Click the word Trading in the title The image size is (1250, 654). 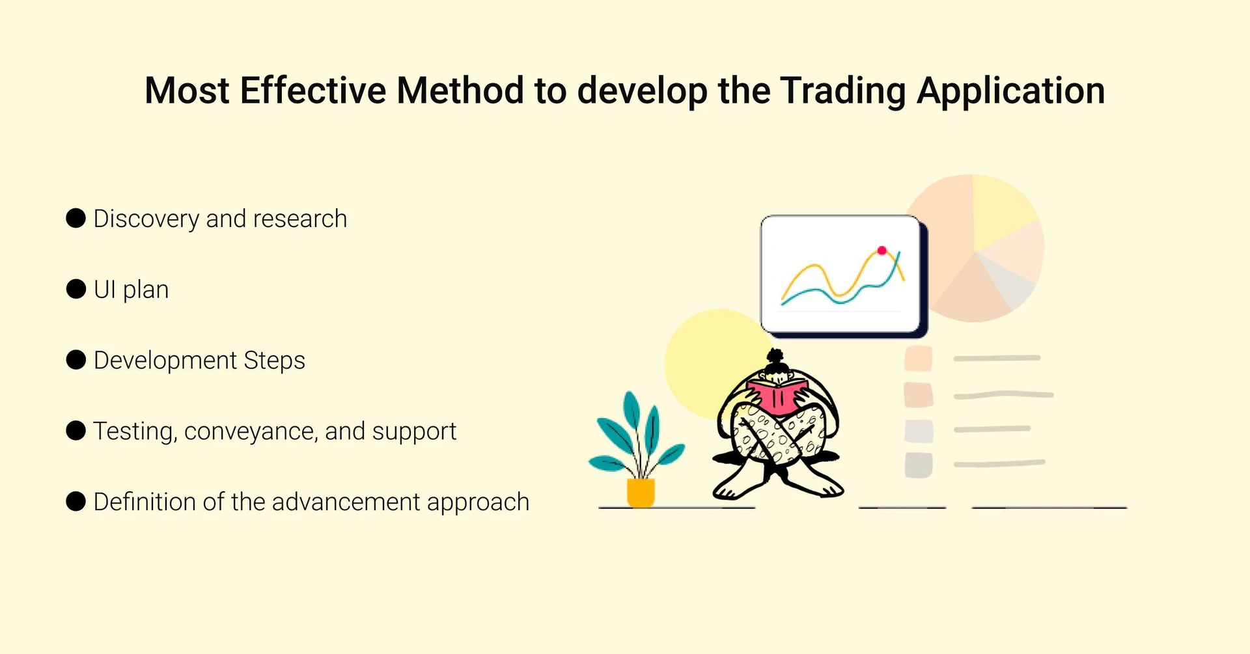842,90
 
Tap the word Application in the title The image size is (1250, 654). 1011,90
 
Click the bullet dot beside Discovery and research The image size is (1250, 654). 76,218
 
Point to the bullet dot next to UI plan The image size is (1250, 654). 76,289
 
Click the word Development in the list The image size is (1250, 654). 165,361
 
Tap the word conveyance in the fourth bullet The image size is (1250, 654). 251,431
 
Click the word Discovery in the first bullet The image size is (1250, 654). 146,219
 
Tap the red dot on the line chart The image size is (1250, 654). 882,251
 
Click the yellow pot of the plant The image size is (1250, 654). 641,492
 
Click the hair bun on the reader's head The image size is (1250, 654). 775,357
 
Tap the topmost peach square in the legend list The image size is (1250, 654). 919,359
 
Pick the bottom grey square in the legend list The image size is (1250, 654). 919,465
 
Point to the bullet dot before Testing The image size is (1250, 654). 76,431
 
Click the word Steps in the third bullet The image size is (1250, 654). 274,361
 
